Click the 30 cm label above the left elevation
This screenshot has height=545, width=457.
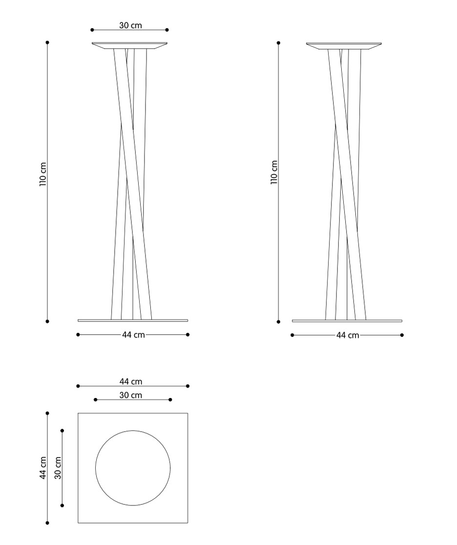click(x=130, y=25)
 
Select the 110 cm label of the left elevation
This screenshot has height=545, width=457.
click(x=43, y=174)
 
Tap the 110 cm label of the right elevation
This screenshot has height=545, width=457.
click(x=274, y=172)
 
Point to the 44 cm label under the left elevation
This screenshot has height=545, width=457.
click(x=133, y=335)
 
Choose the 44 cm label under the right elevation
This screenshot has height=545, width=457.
click(x=347, y=335)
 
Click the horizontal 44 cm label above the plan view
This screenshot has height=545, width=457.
click(x=131, y=381)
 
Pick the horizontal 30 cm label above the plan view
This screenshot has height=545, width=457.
click(x=131, y=395)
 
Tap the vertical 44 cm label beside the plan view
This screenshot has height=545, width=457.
click(x=43, y=468)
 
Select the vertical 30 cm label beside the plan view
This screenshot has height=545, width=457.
click(x=58, y=468)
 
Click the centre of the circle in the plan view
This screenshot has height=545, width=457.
click(x=133, y=468)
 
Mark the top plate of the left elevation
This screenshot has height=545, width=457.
click(x=129, y=46)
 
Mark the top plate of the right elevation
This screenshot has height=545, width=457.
click(x=344, y=46)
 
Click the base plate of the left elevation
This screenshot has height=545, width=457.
click(x=133, y=320)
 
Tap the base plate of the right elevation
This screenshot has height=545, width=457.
click(x=347, y=320)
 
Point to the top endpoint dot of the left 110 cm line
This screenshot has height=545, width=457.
click(x=47, y=42)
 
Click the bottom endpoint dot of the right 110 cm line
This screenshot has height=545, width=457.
click(x=278, y=322)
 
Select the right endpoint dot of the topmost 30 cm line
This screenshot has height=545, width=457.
click(x=167, y=30)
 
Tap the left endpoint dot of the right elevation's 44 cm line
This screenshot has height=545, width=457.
click(x=292, y=335)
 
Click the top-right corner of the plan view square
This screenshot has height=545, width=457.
click(x=187, y=413)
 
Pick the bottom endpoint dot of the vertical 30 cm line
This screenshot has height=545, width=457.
click(x=62, y=505)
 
